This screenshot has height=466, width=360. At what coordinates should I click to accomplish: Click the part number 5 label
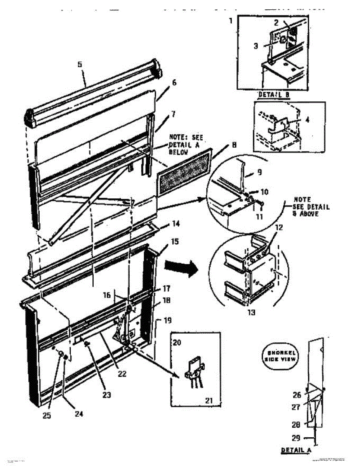[80, 64]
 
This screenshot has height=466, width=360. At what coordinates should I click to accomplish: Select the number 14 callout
[176, 224]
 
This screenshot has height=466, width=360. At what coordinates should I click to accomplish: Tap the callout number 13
[252, 312]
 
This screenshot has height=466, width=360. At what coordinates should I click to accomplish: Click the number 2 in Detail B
[276, 23]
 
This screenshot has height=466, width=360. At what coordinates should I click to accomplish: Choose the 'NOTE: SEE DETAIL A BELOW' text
[186, 144]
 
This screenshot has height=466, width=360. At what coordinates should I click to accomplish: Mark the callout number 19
[167, 321]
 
